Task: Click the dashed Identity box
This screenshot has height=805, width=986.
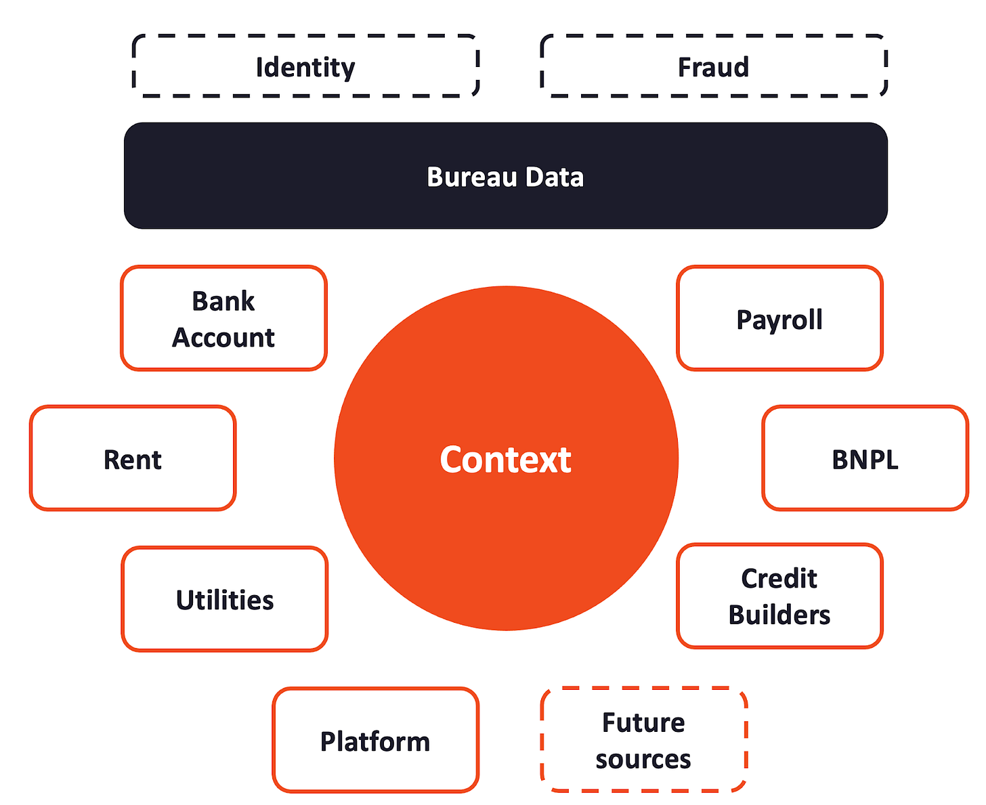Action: click(x=305, y=66)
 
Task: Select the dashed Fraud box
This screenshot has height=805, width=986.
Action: click(x=714, y=66)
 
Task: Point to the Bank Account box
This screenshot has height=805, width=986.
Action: click(x=223, y=318)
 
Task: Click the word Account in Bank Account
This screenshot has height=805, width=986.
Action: click(x=223, y=337)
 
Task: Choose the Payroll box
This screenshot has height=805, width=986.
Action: click(x=779, y=319)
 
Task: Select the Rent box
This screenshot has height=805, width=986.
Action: click(x=133, y=459)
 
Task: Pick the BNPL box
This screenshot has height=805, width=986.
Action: click(x=865, y=459)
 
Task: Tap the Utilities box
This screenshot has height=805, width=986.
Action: click(x=225, y=600)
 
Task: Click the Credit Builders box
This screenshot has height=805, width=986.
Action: click(x=779, y=596)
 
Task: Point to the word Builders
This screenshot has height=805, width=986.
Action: click(x=779, y=615)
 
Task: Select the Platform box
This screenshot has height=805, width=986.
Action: click(x=375, y=741)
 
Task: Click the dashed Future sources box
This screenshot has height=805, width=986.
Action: click(x=643, y=740)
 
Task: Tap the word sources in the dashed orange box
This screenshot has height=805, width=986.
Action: click(x=643, y=759)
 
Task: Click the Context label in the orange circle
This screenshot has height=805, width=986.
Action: click(x=506, y=460)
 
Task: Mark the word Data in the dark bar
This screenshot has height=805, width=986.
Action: click(x=555, y=177)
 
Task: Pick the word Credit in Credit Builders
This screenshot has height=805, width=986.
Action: click(x=779, y=578)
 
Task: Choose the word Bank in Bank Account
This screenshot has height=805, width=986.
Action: click(x=223, y=301)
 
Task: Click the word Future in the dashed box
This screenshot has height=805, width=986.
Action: click(x=643, y=722)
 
